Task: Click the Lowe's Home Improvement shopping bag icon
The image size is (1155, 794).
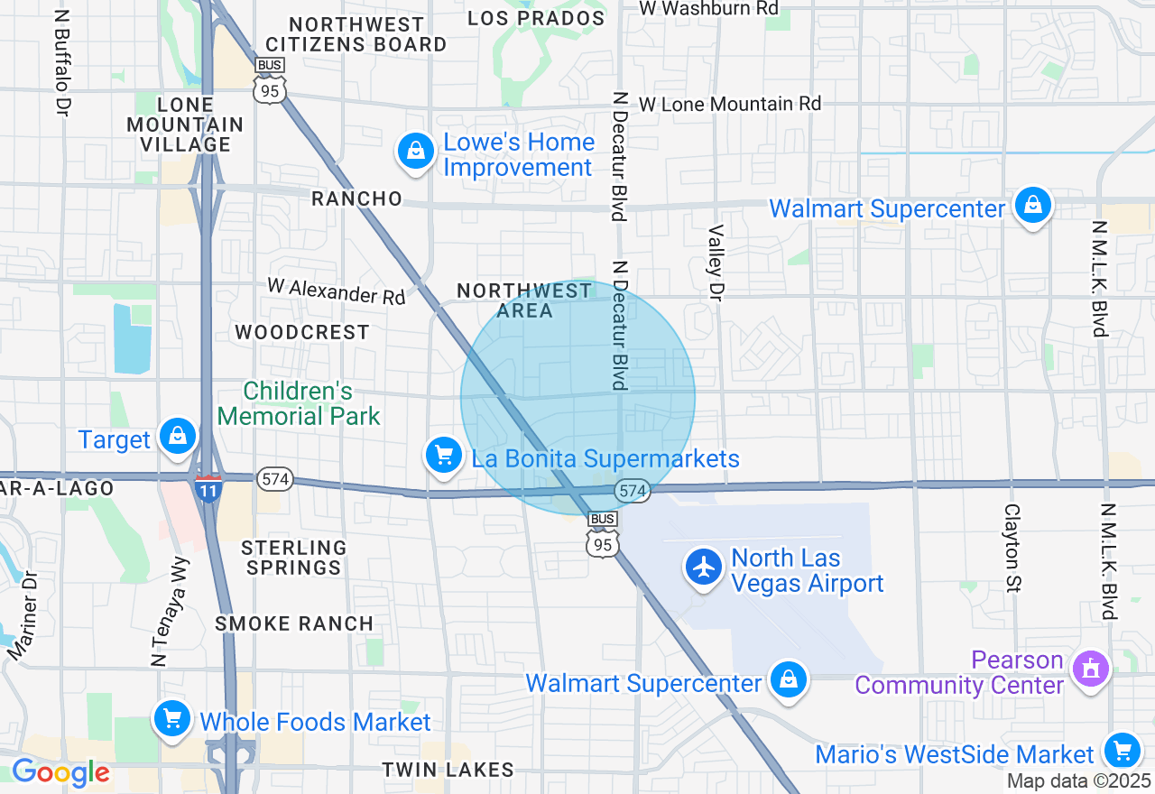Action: click(x=416, y=152)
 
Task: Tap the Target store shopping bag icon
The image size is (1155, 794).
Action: click(x=178, y=437)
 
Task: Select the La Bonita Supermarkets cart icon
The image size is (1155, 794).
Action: click(x=443, y=454)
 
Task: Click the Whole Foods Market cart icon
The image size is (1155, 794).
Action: click(x=171, y=719)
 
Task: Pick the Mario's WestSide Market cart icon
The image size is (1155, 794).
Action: click(x=1122, y=750)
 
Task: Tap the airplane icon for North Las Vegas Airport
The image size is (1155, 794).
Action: click(x=703, y=568)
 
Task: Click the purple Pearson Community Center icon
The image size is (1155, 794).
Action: click(x=1091, y=669)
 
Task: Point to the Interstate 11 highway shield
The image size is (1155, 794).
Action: click(x=208, y=488)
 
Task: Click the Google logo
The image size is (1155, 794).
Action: click(x=60, y=773)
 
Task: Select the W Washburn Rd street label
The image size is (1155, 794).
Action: click(x=708, y=8)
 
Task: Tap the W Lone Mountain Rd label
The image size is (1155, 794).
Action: click(x=730, y=105)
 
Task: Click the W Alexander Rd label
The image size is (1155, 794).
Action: click(x=337, y=291)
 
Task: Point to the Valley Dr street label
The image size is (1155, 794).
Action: click(x=716, y=262)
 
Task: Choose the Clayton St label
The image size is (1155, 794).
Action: click(x=1012, y=548)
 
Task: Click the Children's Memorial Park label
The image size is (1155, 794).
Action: click(x=299, y=403)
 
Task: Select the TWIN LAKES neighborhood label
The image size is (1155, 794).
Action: click(x=448, y=770)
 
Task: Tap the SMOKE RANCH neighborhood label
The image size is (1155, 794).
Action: click(x=294, y=623)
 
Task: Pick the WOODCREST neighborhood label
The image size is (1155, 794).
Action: click(x=302, y=332)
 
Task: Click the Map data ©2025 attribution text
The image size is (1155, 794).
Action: click(x=1079, y=781)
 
